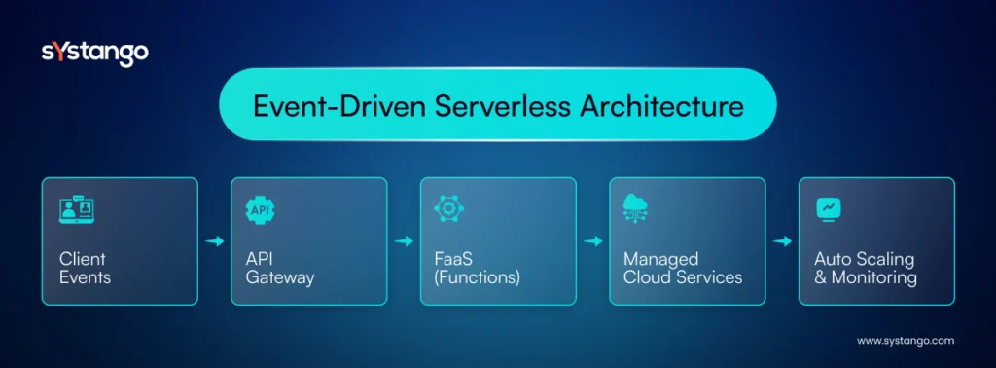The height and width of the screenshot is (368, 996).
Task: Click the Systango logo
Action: tap(95, 53)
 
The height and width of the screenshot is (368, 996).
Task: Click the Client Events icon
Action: tap(77, 210)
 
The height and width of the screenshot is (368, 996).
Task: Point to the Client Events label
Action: tap(85, 268)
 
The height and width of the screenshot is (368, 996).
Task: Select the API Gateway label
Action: tap(280, 268)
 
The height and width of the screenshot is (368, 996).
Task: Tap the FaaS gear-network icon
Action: tap(448, 210)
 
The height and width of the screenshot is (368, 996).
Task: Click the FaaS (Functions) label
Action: tap(478, 268)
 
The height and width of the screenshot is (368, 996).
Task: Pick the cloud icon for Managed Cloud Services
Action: tap(637, 208)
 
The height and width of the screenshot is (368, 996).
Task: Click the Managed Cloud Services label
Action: tap(682, 268)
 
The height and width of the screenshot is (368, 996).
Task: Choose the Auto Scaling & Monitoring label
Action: tap(865, 268)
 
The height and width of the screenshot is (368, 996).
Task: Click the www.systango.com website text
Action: tap(905, 341)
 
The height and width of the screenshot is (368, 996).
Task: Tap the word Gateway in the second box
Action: tap(280, 277)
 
